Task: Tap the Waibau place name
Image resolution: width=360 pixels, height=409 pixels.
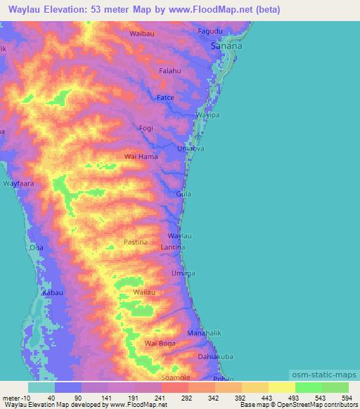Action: tap(141, 33)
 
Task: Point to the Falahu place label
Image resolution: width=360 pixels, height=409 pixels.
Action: tap(170, 71)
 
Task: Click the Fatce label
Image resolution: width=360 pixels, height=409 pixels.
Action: tap(165, 97)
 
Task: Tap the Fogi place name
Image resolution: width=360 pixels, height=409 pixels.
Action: tap(146, 128)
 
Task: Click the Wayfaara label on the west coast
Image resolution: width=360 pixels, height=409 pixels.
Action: tap(18, 183)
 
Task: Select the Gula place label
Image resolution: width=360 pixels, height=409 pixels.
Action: tap(183, 194)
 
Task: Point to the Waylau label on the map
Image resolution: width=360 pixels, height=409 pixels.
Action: tap(179, 236)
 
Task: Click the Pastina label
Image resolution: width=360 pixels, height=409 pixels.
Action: tap(136, 242)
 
